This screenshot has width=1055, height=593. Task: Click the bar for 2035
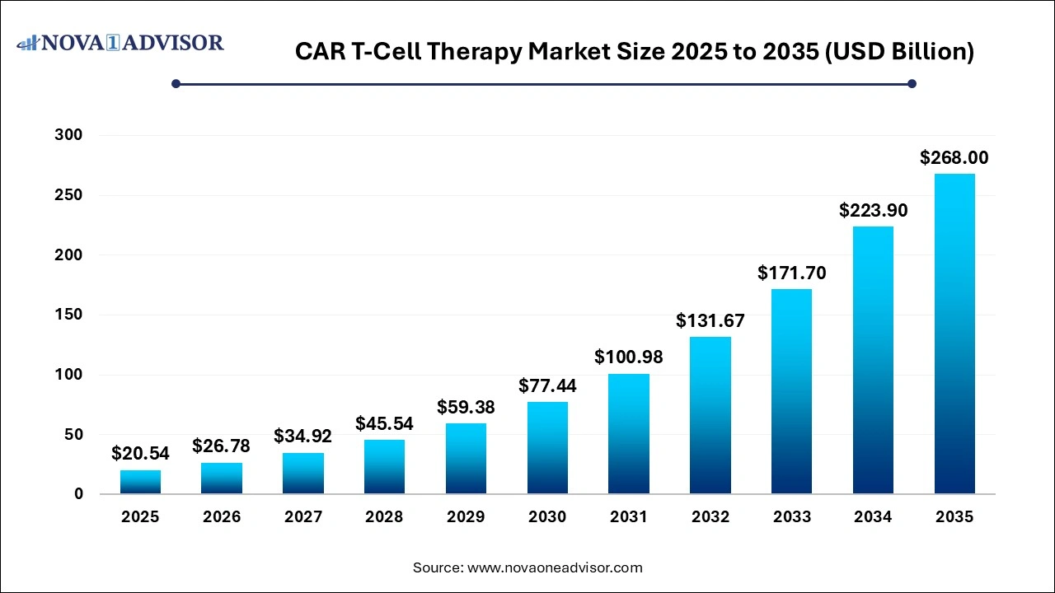[x=954, y=334]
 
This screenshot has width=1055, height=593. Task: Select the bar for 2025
[x=140, y=482]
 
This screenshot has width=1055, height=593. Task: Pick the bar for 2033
[x=792, y=391]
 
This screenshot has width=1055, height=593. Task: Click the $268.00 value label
[x=954, y=157]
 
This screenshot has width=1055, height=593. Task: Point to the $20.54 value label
[x=140, y=453]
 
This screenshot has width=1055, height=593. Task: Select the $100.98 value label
[x=629, y=357]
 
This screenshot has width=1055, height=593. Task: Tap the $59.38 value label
[x=466, y=407]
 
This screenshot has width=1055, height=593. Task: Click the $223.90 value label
[x=873, y=210]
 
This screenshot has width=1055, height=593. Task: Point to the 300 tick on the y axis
[x=70, y=135]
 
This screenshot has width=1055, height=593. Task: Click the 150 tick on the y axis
[x=70, y=315]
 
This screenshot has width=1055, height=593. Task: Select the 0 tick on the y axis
[x=78, y=494]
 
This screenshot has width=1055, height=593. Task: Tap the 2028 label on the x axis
[x=384, y=517]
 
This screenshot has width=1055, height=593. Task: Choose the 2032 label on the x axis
[x=710, y=517]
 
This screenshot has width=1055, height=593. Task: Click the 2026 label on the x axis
[x=222, y=517]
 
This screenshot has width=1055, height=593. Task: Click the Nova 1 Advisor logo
[x=120, y=42]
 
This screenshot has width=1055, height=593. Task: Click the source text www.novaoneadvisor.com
[x=555, y=567]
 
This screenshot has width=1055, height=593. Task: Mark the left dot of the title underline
[x=176, y=83]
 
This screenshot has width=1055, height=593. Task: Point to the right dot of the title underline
[x=912, y=83]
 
